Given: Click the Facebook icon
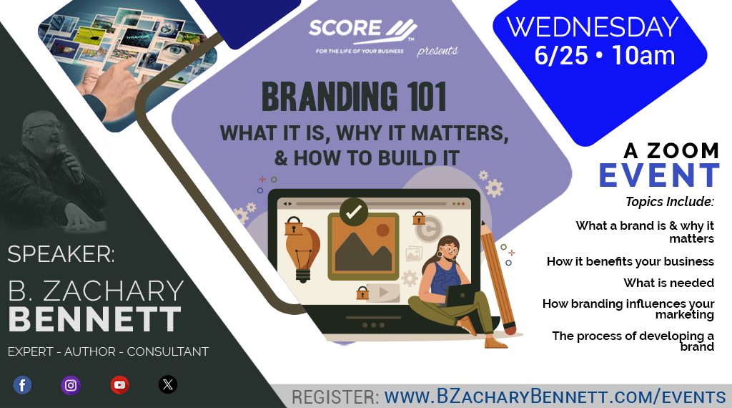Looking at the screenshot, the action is (22, 385).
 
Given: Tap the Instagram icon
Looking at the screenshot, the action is (71, 385).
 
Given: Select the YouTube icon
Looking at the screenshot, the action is (120, 385).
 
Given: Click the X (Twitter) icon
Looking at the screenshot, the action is (168, 384).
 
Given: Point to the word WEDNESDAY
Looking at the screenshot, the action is (593, 27).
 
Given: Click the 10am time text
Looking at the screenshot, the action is (643, 56).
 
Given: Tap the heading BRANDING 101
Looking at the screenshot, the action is (354, 97).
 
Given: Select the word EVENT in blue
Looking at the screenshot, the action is (659, 175).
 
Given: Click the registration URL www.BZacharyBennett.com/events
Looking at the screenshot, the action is (555, 397).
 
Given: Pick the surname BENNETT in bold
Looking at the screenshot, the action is (94, 319).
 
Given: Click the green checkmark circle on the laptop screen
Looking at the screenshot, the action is (353, 212).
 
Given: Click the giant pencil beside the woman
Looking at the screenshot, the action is (498, 278).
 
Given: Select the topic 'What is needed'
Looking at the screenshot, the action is (668, 283).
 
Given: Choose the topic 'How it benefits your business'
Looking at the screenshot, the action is (630, 261).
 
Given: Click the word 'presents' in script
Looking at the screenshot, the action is (437, 51).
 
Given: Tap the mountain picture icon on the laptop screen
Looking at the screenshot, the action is (363, 246).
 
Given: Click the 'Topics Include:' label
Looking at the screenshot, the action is (670, 202).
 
